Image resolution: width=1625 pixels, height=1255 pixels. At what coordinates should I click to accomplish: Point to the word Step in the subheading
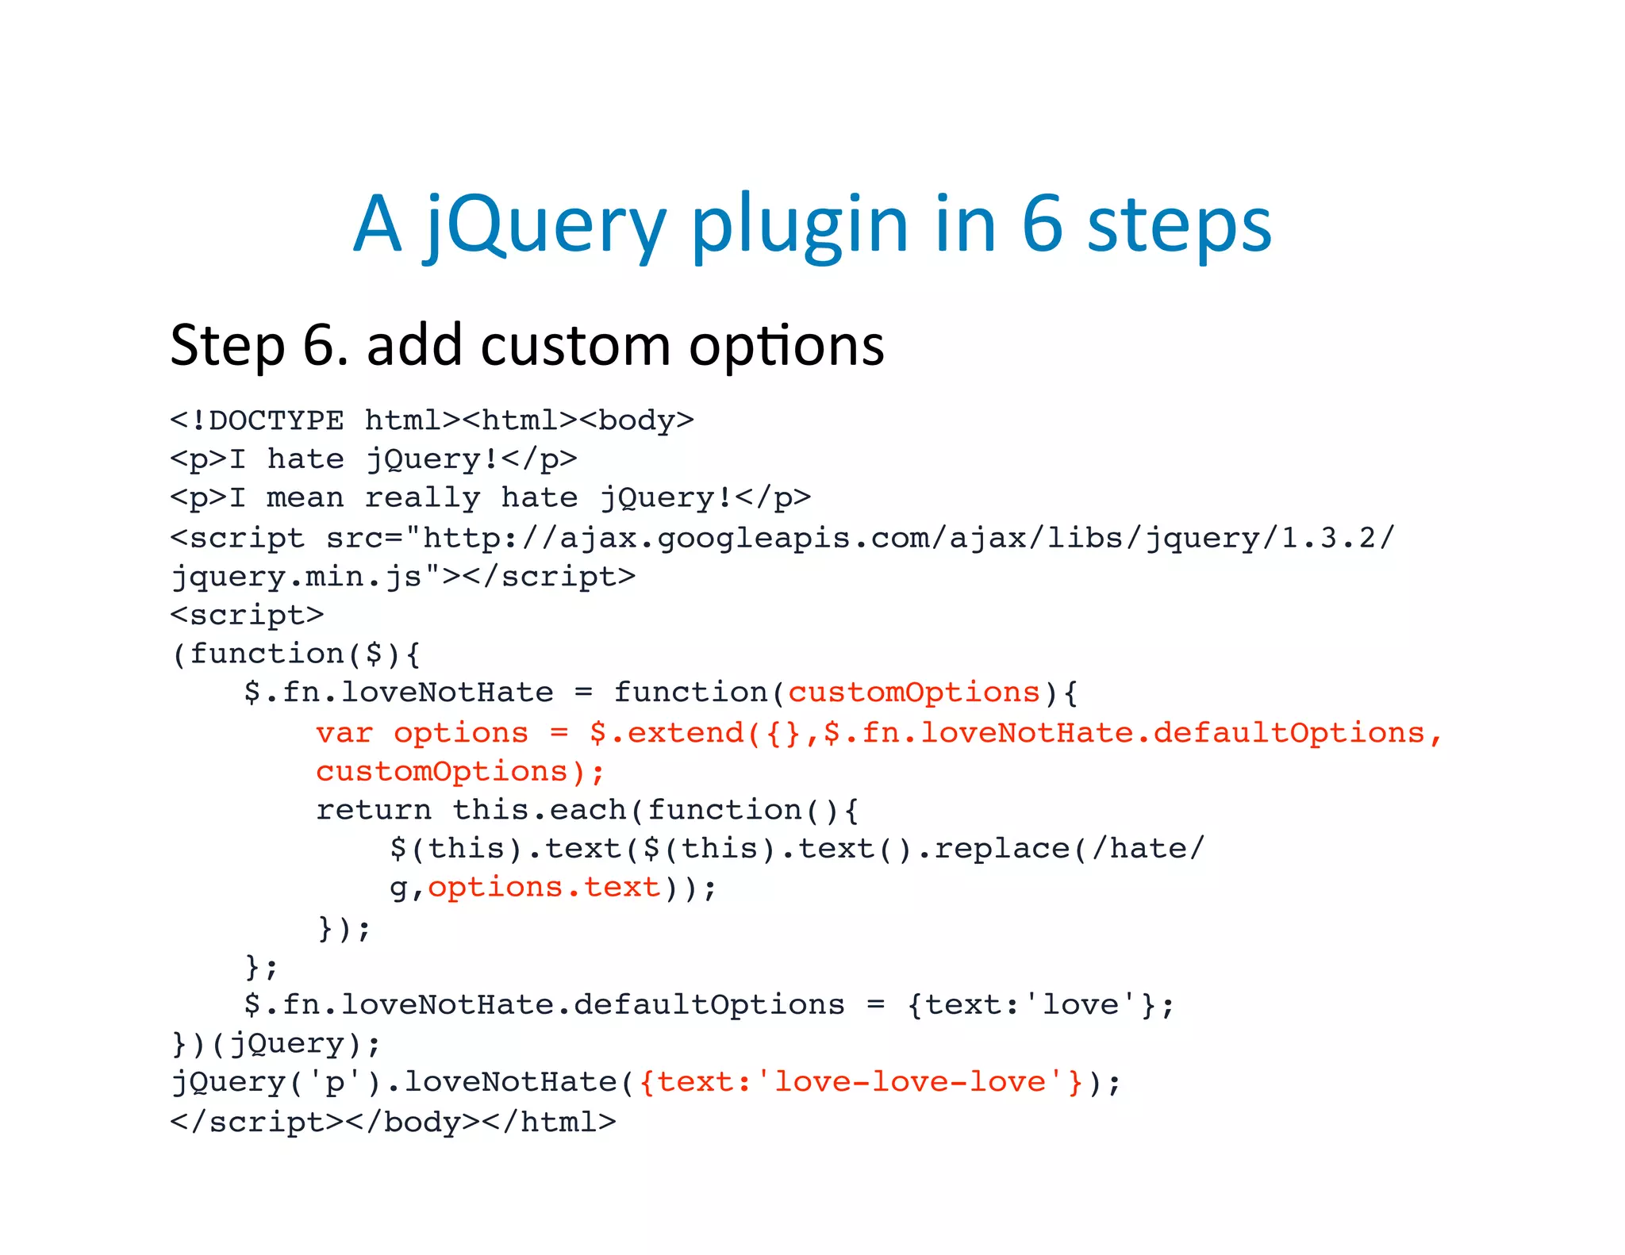point(228,346)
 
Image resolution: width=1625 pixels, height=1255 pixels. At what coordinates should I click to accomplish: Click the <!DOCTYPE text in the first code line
point(257,420)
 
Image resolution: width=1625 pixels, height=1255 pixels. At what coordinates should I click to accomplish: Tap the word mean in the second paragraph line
point(305,498)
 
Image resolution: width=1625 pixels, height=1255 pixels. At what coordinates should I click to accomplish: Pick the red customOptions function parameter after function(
point(913,693)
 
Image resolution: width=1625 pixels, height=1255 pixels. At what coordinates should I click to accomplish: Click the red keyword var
point(344,733)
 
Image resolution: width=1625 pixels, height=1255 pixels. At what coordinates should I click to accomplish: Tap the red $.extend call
point(667,733)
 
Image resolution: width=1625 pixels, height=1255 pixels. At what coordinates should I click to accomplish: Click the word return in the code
point(374,810)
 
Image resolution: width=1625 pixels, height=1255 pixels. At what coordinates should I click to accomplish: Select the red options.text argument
point(544,887)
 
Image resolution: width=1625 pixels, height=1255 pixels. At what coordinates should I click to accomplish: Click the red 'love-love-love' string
point(910,1082)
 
